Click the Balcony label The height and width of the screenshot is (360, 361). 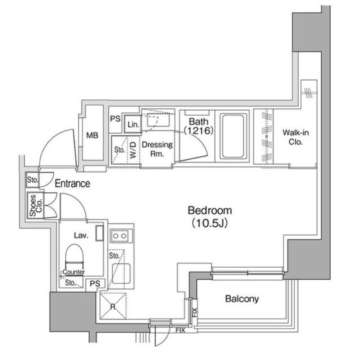[242, 299]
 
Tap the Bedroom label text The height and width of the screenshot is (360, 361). [209, 210]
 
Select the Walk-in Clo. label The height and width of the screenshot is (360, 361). [292, 137]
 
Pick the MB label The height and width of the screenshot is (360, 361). [92, 135]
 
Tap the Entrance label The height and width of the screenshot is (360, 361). [72, 184]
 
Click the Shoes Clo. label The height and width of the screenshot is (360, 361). [33, 205]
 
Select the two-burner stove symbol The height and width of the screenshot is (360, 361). [120, 235]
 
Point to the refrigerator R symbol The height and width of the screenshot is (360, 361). [112, 306]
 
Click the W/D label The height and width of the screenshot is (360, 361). [134, 149]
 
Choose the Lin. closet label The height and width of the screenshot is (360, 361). [133, 124]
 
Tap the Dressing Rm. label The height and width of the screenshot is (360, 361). [157, 149]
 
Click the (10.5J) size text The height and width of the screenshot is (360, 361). [209, 222]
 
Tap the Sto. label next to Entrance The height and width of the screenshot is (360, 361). [32, 180]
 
